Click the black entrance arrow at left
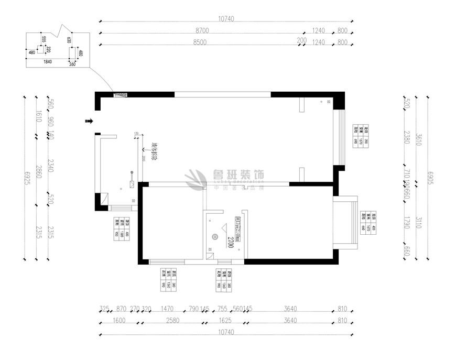coord(89,122)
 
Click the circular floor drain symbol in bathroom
coord(214,237)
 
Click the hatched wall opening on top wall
coord(121,94)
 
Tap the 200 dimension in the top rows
coord(301,41)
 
